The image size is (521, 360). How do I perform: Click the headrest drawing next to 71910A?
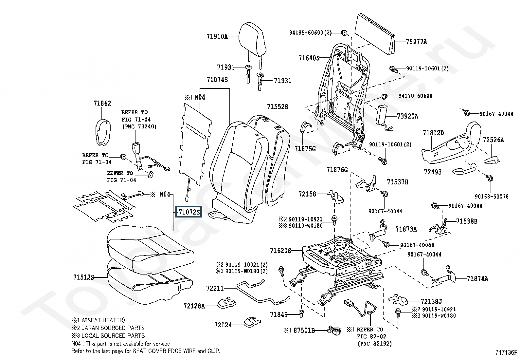(x=252, y=38)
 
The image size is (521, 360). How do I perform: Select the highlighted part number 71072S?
(x=189, y=212)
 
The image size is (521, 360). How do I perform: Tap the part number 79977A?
(x=416, y=42)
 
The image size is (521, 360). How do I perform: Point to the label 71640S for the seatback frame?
(x=309, y=58)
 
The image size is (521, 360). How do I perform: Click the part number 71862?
(x=102, y=104)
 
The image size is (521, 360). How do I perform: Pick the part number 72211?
(x=215, y=288)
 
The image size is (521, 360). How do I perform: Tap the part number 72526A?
(x=493, y=140)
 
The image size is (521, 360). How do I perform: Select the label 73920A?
(x=407, y=116)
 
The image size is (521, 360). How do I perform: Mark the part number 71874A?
(x=477, y=279)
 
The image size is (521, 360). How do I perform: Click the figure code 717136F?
(x=506, y=353)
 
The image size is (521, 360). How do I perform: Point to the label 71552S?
(x=277, y=107)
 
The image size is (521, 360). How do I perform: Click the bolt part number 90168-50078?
(x=492, y=197)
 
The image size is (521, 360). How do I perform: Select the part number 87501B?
(x=304, y=331)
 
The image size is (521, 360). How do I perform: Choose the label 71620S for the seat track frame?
(x=280, y=251)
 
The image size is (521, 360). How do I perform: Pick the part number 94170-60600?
(x=415, y=96)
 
